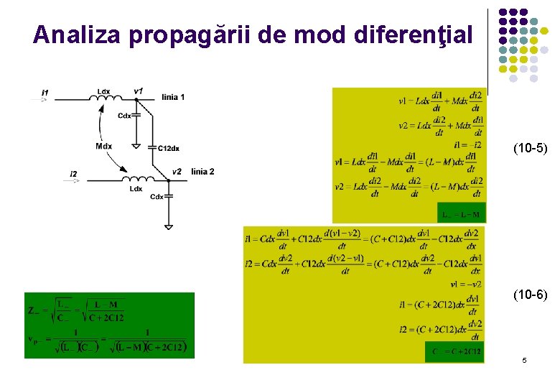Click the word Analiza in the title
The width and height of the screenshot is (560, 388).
(x=78, y=34)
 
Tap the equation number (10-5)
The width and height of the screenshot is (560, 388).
(x=530, y=149)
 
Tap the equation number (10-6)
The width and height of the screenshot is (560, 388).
(x=530, y=294)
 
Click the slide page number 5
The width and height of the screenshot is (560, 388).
(x=524, y=360)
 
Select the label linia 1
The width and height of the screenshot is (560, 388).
(x=174, y=97)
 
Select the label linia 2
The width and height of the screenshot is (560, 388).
(x=202, y=171)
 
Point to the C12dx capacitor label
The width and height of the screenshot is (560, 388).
(x=168, y=148)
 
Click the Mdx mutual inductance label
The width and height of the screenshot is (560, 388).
(x=103, y=146)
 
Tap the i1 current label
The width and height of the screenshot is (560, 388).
(x=45, y=92)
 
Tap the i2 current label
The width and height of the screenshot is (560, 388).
(x=74, y=174)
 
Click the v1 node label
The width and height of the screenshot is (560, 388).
(x=139, y=91)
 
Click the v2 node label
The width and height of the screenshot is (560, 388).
(x=177, y=171)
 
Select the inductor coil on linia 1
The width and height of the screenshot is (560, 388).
(x=104, y=98)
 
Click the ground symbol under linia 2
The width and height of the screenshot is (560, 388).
(x=168, y=227)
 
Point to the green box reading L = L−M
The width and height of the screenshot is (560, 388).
(x=461, y=214)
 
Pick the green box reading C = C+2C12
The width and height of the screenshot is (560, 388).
(x=454, y=352)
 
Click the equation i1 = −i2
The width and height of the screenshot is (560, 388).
(x=468, y=144)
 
